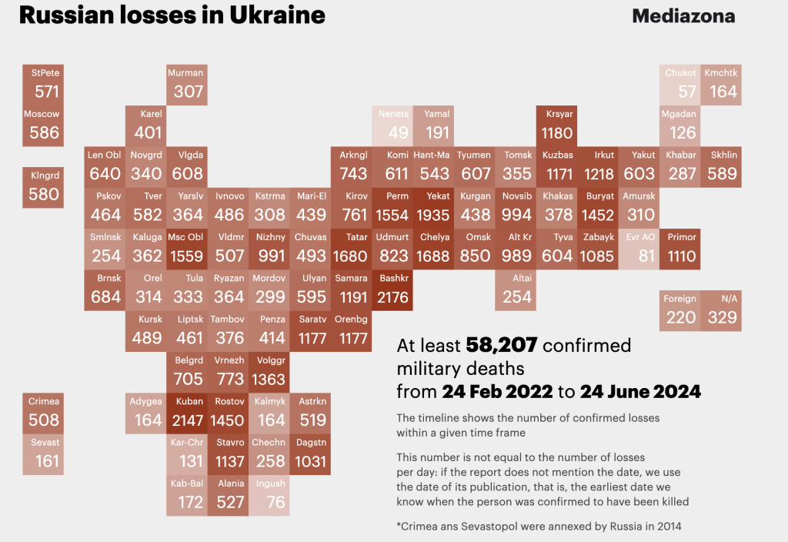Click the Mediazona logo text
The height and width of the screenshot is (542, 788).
pos(683,15)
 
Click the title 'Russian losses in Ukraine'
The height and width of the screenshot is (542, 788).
pos(172,15)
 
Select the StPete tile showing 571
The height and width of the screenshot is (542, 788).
pos(44,85)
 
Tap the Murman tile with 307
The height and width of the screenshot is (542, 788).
pos(187,85)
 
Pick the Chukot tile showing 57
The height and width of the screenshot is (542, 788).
pos(680,85)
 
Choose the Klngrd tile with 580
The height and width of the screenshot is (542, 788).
pos(44,187)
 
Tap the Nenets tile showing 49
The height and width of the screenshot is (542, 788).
pos(393,125)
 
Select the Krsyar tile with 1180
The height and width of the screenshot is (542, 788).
pos(557,125)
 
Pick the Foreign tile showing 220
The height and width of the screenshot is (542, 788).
pos(680,310)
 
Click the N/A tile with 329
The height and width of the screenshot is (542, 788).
pos(722,310)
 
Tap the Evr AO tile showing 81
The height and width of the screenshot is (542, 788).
pos(639,249)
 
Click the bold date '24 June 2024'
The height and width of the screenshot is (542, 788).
pos(640,391)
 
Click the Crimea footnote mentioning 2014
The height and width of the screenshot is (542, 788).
pos(538,527)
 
